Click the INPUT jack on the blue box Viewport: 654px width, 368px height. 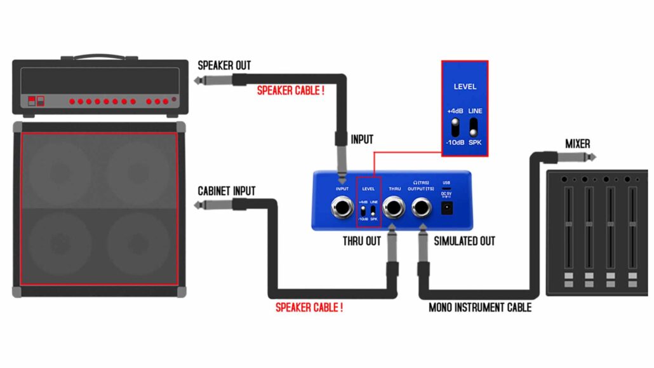coord(342,207)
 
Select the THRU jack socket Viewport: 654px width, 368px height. coord(394,207)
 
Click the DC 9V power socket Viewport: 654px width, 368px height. coord(447,208)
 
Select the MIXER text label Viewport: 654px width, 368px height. coord(578,144)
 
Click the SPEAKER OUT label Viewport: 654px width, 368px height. coord(224,65)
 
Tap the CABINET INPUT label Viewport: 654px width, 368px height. coord(227,191)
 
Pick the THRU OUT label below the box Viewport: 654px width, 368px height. coord(361,242)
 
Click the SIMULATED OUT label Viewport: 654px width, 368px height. coord(464,242)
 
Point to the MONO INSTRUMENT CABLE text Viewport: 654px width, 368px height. coord(480,308)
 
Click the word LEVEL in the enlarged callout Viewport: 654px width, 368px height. coord(465,86)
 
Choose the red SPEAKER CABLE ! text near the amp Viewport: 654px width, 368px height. coord(291,91)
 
